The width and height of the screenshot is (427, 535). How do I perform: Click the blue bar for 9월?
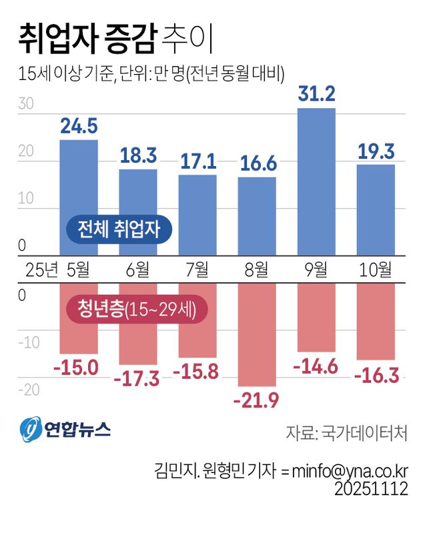click(x=316, y=181)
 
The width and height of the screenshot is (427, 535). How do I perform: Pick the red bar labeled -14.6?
click(x=316, y=318)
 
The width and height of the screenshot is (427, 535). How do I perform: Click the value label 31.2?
click(x=316, y=95)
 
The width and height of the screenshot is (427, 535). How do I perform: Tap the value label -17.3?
click(x=137, y=378)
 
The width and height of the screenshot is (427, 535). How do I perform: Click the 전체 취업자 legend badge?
click(x=119, y=230)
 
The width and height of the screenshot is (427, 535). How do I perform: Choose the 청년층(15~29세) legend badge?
click(x=137, y=310)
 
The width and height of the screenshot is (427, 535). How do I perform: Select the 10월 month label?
click(x=375, y=270)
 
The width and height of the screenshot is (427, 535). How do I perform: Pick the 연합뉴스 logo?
click(x=65, y=429)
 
